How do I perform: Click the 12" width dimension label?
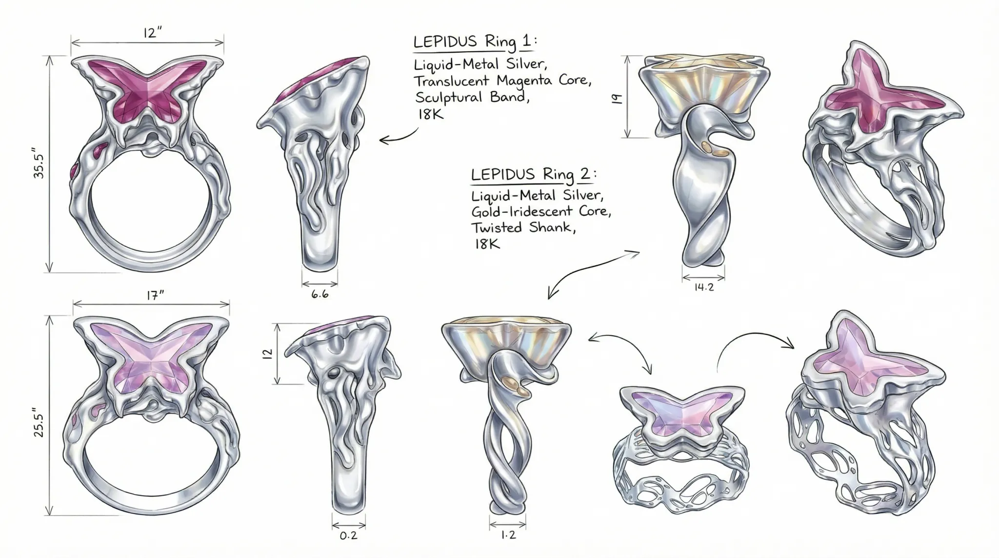coord(152,33)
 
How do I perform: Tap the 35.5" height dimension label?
coord(39,163)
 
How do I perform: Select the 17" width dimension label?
coord(155,295)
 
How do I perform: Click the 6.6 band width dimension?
coord(320,295)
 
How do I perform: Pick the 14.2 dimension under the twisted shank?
coord(703,288)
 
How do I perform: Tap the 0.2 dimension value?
coord(348,536)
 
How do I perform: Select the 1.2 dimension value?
coord(508,536)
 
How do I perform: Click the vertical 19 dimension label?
coord(617,99)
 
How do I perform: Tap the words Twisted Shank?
coord(523,228)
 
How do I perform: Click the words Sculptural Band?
coord(471,97)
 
